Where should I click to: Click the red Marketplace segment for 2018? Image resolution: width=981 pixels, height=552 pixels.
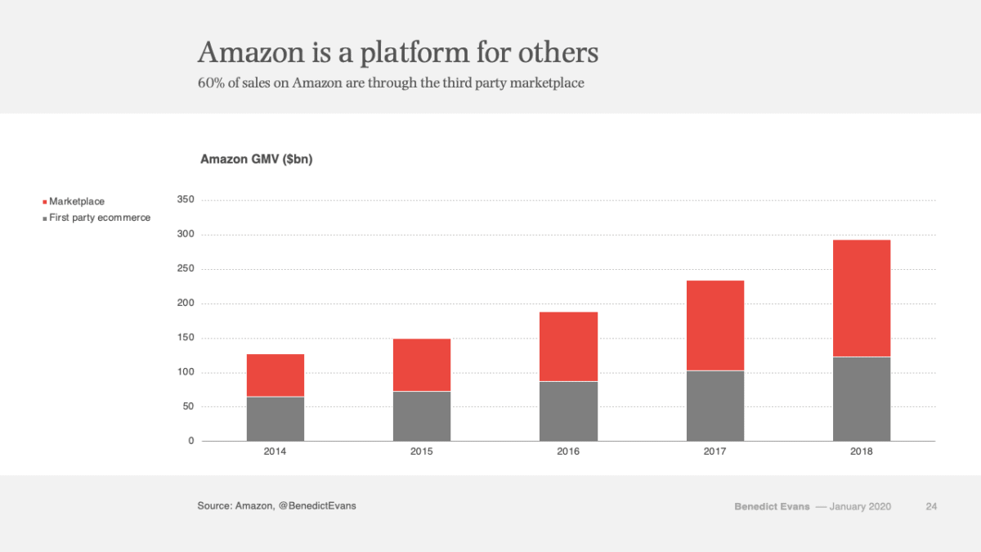coord(862,298)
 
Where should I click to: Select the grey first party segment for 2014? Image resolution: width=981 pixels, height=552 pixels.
coord(275,419)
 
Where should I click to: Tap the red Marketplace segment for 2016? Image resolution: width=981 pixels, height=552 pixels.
coord(568,347)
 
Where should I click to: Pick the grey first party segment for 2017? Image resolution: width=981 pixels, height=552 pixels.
coord(715,406)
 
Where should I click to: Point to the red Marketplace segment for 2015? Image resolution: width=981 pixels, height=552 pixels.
coord(422,365)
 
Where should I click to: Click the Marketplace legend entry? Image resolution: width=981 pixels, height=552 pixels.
coord(76,201)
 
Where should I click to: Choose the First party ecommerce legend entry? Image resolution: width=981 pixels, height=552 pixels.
coord(99,218)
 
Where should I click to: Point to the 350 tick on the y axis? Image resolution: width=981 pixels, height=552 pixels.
coord(186,200)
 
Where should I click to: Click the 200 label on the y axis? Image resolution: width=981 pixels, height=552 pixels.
coord(186,303)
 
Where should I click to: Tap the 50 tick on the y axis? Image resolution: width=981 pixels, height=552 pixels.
coord(188,406)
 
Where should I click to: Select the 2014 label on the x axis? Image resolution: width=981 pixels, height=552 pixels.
coord(275,451)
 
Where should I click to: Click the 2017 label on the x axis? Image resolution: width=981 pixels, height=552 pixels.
coord(715,451)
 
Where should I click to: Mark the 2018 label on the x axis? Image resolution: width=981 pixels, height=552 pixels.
coord(862,451)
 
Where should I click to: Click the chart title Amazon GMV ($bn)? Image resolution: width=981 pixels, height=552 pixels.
coord(257,159)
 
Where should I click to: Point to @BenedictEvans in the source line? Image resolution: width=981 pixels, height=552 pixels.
coord(317,506)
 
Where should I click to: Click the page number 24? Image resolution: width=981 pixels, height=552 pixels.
coord(931,506)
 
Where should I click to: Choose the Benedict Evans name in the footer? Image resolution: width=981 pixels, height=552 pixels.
coord(772,507)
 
